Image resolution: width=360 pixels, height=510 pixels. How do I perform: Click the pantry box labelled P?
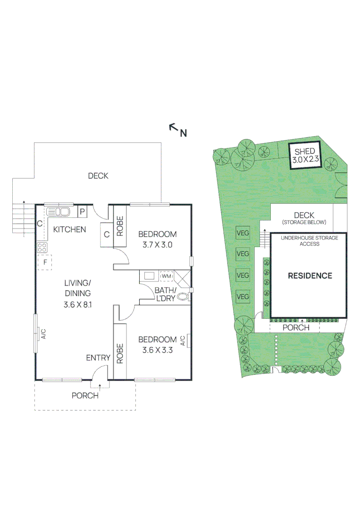tap(82, 212)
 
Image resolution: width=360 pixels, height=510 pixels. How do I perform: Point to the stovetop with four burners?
tap(42, 247)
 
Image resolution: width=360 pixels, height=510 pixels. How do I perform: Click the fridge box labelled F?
tap(44, 262)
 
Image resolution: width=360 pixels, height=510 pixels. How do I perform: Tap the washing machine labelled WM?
tap(167, 276)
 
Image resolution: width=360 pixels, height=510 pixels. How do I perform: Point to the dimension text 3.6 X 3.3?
tap(157, 350)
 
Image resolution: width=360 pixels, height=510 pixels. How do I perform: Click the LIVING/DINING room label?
tap(77, 288)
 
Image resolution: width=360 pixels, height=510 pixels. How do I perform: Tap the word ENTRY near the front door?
tap(98, 358)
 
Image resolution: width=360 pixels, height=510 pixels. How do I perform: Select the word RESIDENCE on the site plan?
tap(310, 276)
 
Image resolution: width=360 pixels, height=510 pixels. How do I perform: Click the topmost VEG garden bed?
tap(243, 233)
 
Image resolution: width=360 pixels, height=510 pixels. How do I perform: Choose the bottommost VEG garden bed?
tap(243, 297)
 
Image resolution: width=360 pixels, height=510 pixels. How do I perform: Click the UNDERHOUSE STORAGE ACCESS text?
tap(310, 241)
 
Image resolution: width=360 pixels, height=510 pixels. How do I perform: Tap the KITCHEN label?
tap(69, 229)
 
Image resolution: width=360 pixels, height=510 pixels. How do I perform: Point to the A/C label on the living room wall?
tap(43, 334)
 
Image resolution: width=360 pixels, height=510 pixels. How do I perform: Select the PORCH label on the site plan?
tap(296, 328)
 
